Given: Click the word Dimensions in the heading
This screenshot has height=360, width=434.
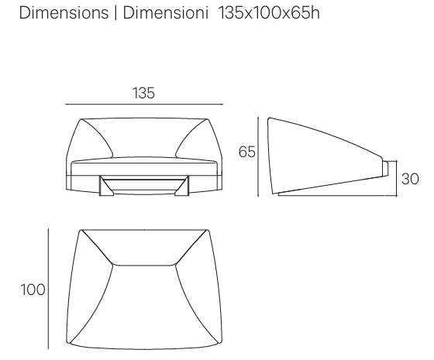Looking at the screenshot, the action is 64,12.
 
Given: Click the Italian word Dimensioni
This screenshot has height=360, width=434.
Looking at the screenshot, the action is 166,12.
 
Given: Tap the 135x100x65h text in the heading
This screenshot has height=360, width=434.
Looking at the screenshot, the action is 270,12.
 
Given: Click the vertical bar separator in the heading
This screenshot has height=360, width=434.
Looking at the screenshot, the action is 115,13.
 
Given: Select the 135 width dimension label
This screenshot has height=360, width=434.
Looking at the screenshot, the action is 143,93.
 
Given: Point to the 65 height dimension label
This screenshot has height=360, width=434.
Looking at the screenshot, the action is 246,152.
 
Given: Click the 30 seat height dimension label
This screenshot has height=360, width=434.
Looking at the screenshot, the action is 410,179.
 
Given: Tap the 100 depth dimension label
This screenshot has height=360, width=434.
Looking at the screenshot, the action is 33,290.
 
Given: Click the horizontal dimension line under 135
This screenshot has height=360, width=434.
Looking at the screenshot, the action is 144,105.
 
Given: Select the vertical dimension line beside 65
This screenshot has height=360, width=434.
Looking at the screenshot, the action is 258,156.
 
